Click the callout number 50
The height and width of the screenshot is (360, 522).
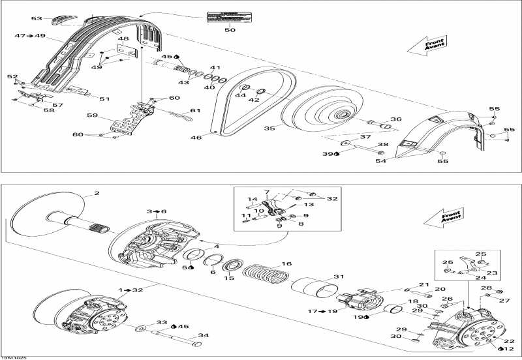pyautogui.click(x=230, y=30)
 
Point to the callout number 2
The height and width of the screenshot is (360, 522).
pyautogui.click(x=96, y=193)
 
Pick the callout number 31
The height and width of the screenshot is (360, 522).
pyautogui.click(x=337, y=276)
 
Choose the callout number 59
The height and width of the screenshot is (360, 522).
pyautogui.click(x=91, y=116)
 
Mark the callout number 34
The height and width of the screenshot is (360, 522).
pyautogui.click(x=204, y=336)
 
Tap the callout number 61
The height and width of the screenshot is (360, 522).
pyautogui.click(x=195, y=110)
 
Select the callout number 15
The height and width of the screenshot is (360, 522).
pyautogui.click(x=228, y=278)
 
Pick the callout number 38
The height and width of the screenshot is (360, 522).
pyautogui.click(x=383, y=145)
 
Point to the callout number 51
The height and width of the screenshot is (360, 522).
pyautogui.click(x=104, y=99)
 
